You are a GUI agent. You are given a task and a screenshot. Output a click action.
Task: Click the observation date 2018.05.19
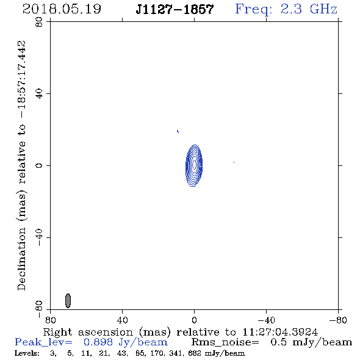[x=62, y=9]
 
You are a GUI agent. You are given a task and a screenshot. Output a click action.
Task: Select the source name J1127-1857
[x=175, y=9]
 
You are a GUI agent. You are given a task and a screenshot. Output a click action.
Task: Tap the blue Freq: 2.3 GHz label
[x=286, y=9]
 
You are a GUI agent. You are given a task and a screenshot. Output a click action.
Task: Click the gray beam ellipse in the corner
[x=68, y=301]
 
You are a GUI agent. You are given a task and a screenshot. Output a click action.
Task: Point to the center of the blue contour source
[x=194, y=165]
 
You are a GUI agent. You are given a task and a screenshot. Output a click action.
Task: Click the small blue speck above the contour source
[x=178, y=131]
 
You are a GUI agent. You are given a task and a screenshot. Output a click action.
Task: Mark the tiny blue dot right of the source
[x=234, y=162]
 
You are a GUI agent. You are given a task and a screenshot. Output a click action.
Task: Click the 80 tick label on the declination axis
[x=39, y=22]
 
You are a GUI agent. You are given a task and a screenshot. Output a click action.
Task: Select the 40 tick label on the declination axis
[x=39, y=94]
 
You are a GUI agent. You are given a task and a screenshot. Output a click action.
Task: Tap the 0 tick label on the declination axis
[x=39, y=165]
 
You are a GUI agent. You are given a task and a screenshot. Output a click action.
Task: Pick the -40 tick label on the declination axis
[x=39, y=237]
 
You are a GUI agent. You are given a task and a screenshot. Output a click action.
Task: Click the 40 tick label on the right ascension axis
[x=122, y=320]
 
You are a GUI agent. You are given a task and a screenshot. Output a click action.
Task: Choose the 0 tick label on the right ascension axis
[x=194, y=320]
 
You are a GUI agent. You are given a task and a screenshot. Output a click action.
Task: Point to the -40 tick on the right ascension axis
[x=266, y=320]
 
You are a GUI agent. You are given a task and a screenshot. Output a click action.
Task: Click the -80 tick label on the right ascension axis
[x=338, y=320]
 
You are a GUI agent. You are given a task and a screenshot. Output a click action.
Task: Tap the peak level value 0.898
[x=98, y=342]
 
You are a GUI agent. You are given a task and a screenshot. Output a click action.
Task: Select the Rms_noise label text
[x=225, y=342]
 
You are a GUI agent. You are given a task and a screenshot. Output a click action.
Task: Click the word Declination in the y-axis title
[x=21, y=259]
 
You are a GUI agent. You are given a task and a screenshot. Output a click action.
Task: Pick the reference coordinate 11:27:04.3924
[x=280, y=332]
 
